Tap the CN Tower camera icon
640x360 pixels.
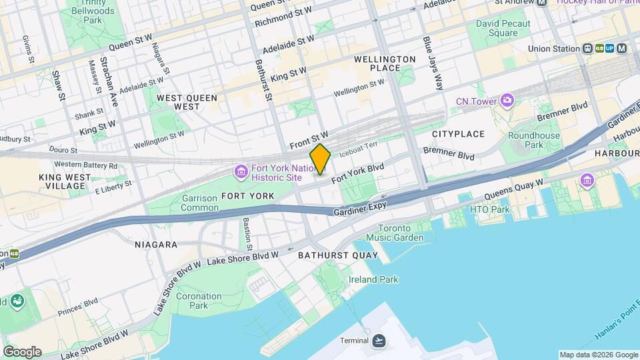pos(508,101)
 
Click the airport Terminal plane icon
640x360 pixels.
pos(379,341)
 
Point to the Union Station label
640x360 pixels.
pos(553,49)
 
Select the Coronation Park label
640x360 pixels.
pos(199,301)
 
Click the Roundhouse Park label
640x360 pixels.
pos(534,139)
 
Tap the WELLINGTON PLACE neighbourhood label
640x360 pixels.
pos(385,63)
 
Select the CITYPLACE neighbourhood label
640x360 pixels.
pos(458,134)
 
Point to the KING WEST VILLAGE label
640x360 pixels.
pos(63,181)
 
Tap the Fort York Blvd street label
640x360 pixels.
pos(358,173)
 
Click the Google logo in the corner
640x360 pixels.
pos(21,352)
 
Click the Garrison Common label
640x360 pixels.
pos(199,203)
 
